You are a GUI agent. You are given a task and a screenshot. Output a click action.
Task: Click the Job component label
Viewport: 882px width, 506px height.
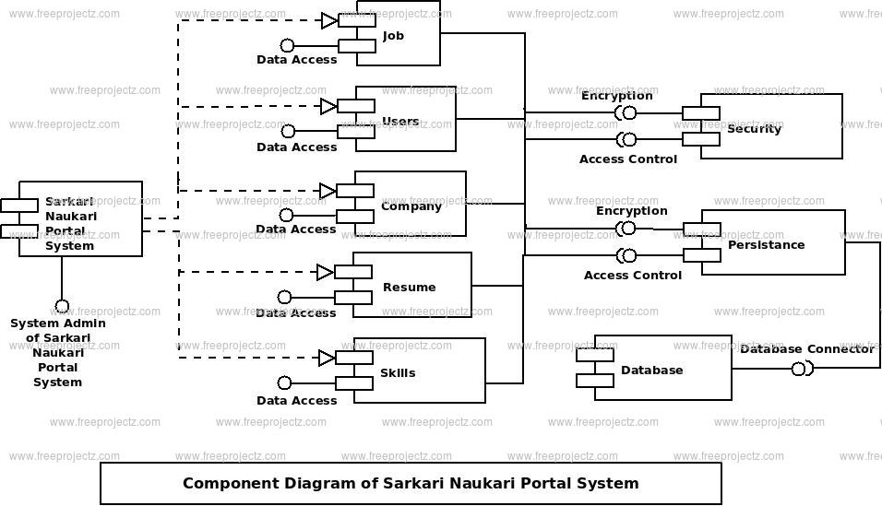point(393,36)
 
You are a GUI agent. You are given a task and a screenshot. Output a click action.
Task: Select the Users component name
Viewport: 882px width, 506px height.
point(400,121)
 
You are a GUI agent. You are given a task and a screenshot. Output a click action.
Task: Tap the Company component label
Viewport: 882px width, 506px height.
point(411,206)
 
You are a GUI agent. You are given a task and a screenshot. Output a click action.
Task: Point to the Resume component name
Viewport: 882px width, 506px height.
point(410,288)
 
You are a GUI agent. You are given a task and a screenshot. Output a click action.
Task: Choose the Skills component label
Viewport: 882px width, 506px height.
point(398,372)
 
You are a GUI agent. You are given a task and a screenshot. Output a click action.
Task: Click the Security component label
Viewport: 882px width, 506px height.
point(755,129)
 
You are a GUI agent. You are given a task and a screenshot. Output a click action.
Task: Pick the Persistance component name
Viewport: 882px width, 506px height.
point(766,244)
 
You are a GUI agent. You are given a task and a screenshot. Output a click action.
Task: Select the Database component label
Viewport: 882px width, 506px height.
point(652,370)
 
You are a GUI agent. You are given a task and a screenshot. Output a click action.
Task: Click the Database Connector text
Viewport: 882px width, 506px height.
point(807,349)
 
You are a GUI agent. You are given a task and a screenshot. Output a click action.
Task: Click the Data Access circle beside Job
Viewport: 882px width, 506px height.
point(288,45)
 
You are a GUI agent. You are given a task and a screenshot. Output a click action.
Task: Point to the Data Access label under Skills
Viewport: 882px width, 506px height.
point(296,401)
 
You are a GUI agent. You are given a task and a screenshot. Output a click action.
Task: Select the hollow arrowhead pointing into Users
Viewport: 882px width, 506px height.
point(328,106)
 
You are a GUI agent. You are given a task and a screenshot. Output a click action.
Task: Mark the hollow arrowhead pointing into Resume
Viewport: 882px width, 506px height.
point(325,273)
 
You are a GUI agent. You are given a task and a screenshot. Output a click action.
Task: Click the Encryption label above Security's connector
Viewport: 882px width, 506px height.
point(617,96)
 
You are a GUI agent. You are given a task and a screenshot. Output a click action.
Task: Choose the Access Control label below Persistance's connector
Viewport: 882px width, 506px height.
point(633,276)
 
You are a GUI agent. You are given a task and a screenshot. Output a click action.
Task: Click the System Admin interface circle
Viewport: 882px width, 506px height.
point(62,307)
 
